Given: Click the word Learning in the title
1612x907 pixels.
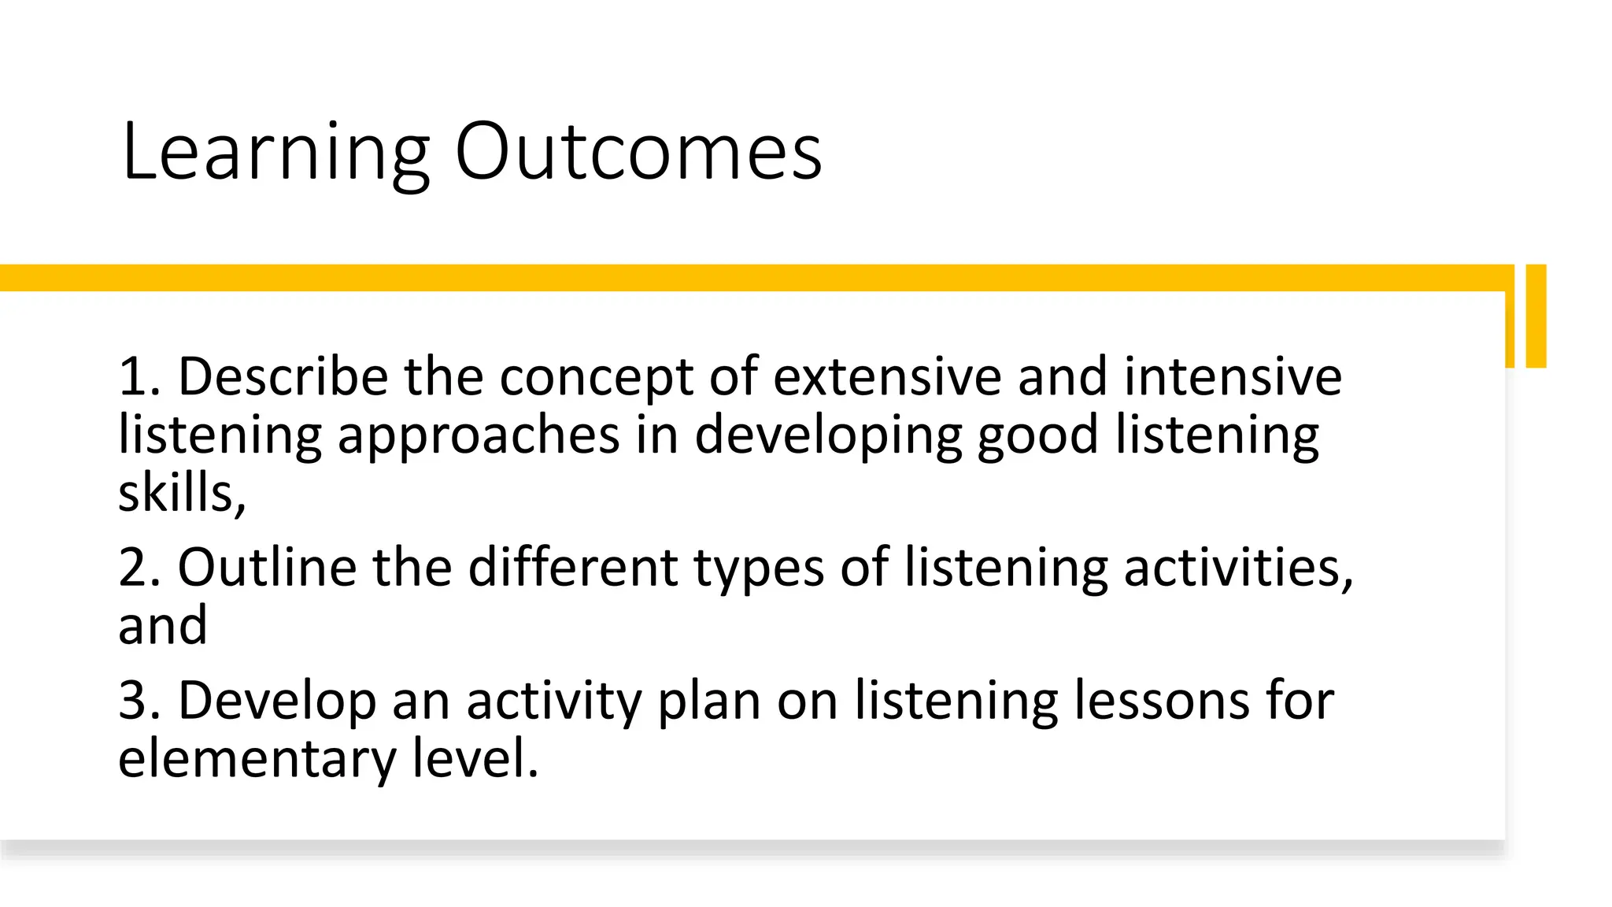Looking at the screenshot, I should (x=275, y=154).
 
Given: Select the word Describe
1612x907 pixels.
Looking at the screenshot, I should (x=283, y=376).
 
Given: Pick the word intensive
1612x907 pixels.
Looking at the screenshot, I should (x=1232, y=376).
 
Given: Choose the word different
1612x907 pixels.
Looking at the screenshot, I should (x=573, y=567).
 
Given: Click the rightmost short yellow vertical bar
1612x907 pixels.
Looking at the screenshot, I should (x=1536, y=316).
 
